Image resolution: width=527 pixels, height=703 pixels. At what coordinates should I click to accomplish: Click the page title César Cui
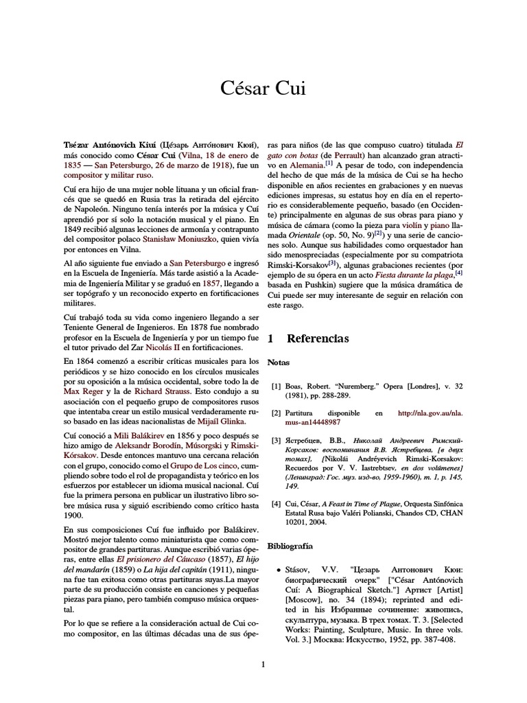[263, 88]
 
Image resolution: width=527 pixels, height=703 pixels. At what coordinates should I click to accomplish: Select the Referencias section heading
[317, 338]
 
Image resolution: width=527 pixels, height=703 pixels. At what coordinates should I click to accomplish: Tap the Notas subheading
[278, 362]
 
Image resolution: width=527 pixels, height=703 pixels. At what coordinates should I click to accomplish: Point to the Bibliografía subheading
[290, 546]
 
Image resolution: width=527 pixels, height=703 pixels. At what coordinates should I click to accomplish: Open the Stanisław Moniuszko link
[180, 239]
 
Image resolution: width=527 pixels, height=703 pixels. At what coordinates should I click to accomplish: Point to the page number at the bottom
[263, 664]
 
